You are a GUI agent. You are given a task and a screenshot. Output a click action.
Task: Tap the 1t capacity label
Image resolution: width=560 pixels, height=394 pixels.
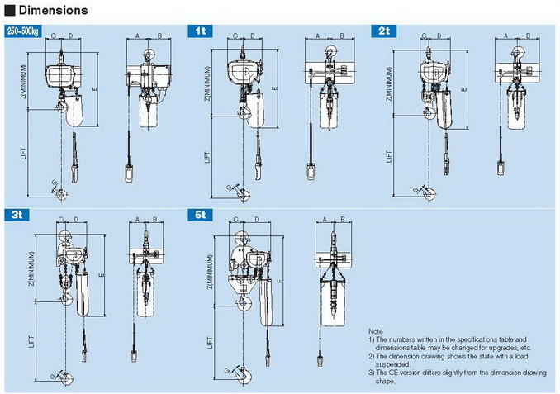tap(201, 31)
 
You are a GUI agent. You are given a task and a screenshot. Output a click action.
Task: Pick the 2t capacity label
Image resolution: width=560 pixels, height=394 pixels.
tap(384, 31)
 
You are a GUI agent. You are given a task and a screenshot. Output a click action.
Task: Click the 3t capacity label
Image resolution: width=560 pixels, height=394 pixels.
tap(17, 215)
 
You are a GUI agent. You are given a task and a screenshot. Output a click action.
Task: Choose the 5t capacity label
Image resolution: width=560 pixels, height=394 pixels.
tap(201, 215)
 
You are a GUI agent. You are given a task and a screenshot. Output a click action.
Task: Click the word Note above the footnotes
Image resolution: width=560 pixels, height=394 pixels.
tap(376, 330)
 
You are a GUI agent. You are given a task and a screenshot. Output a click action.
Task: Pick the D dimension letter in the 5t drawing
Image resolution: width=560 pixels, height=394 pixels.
tap(258, 221)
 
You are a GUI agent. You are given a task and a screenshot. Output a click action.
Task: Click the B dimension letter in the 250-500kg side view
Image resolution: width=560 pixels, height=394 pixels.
tap(158, 36)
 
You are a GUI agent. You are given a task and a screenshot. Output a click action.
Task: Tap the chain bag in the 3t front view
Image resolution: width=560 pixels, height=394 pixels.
tap(83, 293)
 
